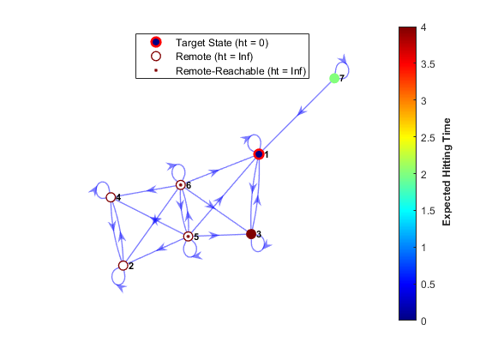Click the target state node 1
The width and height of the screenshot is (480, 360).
point(259,154)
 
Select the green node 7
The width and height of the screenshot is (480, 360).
point(334,78)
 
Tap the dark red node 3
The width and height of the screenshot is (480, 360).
point(251,234)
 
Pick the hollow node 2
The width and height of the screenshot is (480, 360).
point(123,266)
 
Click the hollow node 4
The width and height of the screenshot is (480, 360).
point(111,197)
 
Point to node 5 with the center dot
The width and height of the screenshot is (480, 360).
point(189,237)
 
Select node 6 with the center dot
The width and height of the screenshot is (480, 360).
point(181,185)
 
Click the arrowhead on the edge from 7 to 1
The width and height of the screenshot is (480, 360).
point(302,111)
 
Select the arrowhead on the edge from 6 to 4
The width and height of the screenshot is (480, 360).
point(152,189)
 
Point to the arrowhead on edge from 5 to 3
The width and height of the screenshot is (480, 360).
point(214,236)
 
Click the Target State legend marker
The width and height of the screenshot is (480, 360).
point(156,42)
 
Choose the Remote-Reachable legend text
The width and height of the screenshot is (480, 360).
point(241,71)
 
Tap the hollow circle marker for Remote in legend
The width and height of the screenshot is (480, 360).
point(156,57)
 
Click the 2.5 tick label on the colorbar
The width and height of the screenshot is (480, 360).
point(428,138)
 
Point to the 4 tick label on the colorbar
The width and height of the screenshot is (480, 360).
point(423,27)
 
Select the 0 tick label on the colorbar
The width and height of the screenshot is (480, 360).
point(423,321)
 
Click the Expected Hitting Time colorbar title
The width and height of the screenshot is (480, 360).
point(447,172)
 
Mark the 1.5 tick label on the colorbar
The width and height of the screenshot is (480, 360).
point(428,211)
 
